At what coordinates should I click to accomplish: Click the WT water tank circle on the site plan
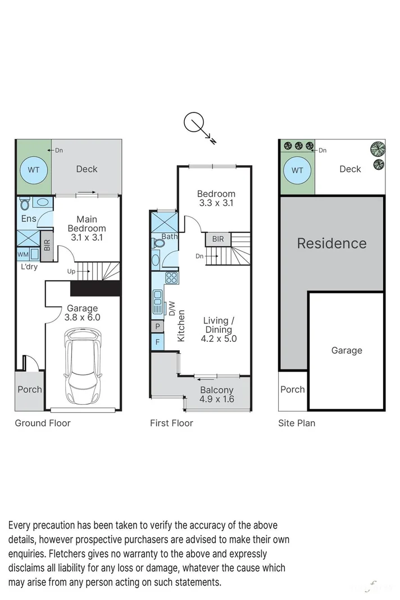[x=297, y=170]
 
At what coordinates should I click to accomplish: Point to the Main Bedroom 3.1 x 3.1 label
[x=87, y=228]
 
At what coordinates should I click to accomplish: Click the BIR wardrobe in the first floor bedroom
[x=218, y=240]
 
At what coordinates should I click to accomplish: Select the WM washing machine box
[x=22, y=254]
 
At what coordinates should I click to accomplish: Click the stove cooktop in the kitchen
[x=171, y=277]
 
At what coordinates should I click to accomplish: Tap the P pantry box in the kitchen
[x=157, y=326]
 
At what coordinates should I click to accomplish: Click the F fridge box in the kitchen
[x=157, y=341]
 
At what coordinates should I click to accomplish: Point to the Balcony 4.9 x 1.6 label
[x=217, y=395]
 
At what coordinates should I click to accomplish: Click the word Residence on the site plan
[x=331, y=243]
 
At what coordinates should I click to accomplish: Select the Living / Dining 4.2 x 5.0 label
[x=219, y=330]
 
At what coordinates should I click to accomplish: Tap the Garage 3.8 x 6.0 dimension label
[x=83, y=313]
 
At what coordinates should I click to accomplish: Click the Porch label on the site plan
[x=292, y=389]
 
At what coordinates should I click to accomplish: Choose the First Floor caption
[x=171, y=423]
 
